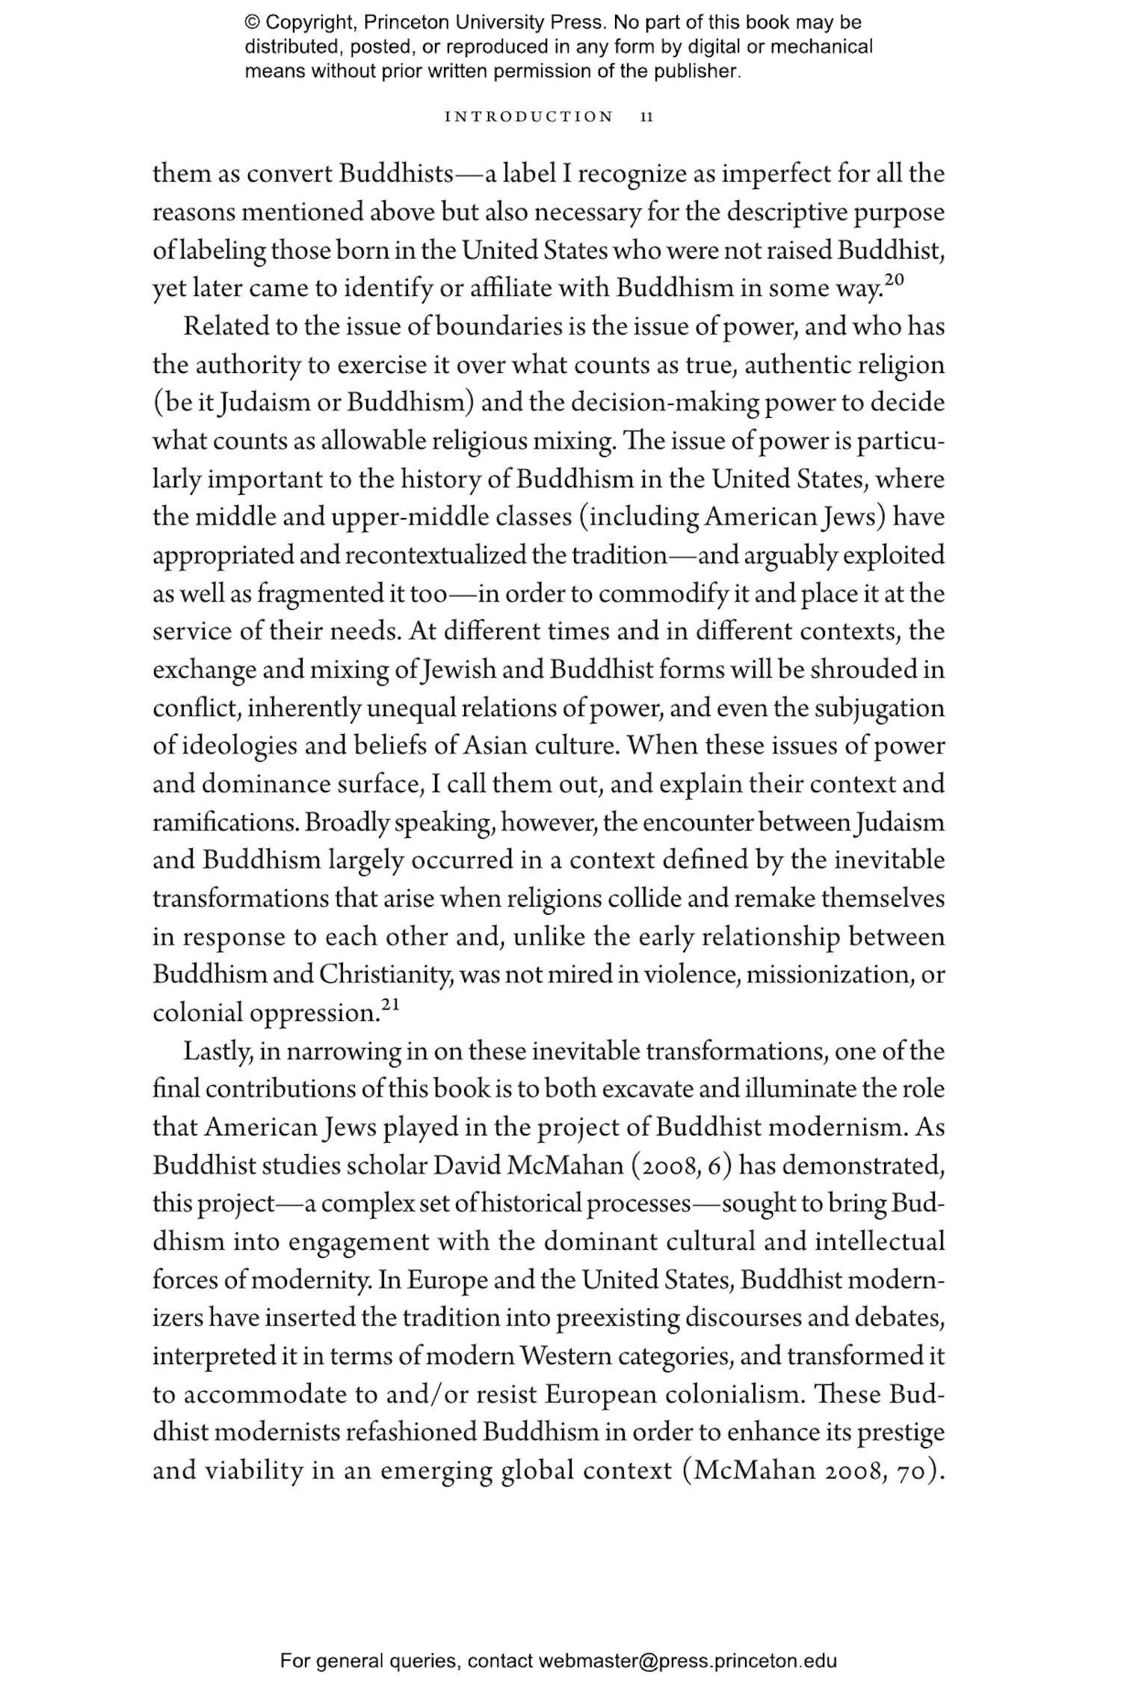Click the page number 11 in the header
[x=647, y=117]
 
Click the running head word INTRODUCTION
[x=528, y=117]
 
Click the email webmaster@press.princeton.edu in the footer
[x=687, y=1661]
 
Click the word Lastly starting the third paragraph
[x=220, y=1052]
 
